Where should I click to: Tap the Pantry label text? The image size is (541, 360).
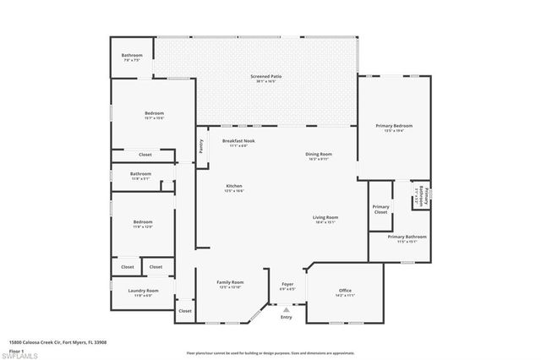[201, 144]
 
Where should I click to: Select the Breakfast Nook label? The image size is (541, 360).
[238, 141]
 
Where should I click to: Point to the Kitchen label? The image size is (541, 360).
[234, 187]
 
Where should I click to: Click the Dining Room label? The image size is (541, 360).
[319, 155]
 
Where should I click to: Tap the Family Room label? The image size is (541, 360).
[230, 283]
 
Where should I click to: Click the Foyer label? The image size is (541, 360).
[287, 285]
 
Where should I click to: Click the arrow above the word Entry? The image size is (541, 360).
[286, 310]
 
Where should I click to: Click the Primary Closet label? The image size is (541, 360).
[380, 209]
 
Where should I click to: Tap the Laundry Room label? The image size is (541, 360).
[139, 292]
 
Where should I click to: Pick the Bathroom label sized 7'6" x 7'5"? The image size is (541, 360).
[133, 56]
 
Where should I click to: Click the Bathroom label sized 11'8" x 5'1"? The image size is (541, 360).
[140, 175]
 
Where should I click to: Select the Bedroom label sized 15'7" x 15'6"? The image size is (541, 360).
[154, 114]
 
